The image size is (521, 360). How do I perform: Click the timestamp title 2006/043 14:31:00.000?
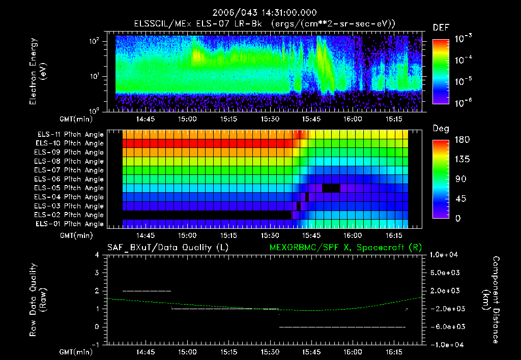click(260, 13)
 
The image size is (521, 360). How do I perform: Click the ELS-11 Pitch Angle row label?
click(69, 134)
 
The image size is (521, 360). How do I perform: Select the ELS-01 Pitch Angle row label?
click(69, 224)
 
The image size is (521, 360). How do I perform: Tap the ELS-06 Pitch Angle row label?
click(69, 179)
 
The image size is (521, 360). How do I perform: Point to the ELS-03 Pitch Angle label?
click(69, 206)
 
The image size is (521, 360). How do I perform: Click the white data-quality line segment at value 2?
click(147, 291)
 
